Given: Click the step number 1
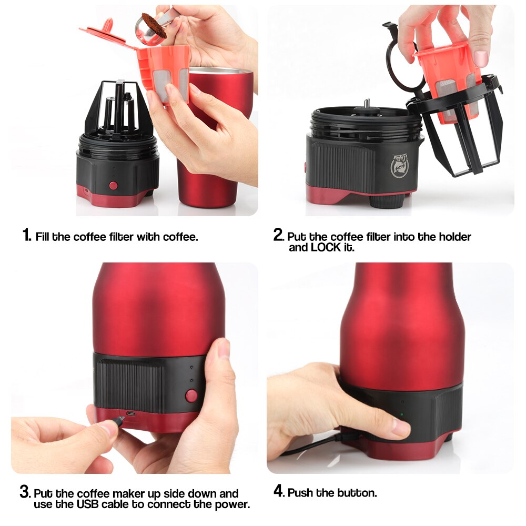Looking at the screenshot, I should (26, 235).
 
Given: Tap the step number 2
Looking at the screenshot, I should (278, 235).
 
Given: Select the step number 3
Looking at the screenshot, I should (25, 493).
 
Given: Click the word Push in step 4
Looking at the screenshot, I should (301, 493).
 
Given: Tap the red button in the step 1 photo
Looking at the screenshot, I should (113, 185).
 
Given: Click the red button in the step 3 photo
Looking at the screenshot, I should (191, 395).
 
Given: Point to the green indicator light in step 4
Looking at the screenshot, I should (402, 413).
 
